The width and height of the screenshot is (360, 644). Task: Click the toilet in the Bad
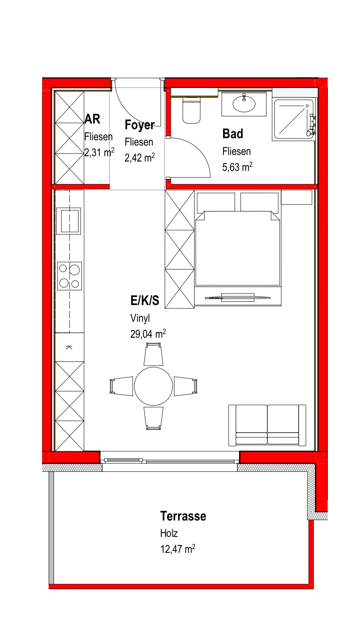(x=191, y=111)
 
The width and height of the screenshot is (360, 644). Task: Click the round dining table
(x=153, y=386)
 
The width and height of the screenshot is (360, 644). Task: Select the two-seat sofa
(x=267, y=425)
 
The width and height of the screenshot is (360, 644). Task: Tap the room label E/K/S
(x=145, y=301)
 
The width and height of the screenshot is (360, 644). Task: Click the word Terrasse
(x=183, y=516)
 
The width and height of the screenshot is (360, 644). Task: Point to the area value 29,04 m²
(x=148, y=334)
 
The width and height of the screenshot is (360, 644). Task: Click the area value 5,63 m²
(x=237, y=167)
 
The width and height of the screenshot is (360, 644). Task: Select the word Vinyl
(x=140, y=318)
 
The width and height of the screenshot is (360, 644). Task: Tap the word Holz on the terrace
(x=169, y=533)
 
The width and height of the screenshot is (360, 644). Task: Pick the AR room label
(x=92, y=119)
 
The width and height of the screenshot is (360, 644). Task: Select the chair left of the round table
(x=121, y=386)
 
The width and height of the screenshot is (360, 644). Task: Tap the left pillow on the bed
(x=216, y=202)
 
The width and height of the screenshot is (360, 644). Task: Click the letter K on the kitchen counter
(x=69, y=347)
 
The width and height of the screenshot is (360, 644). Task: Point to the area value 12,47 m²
(x=178, y=549)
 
